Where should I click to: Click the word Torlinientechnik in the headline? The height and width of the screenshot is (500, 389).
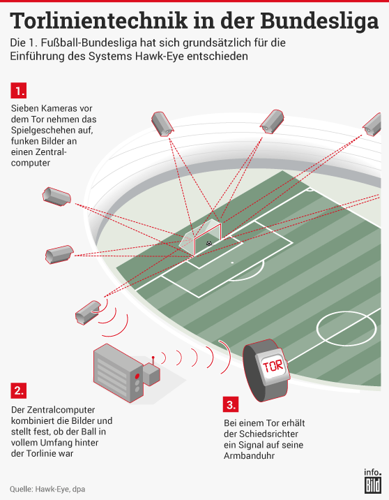pyautogui.click(x=99, y=21)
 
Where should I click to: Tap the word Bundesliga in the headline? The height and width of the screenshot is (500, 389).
pyautogui.click(x=319, y=22)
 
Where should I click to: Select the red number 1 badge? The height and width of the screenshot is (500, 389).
pyautogui.click(x=18, y=91)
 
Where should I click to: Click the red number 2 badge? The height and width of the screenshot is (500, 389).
pyautogui.click(x=18, y=390)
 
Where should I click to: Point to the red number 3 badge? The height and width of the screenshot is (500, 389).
pyautogui.click(x=231, y=404)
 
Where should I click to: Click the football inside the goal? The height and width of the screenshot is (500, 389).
pyautogui.click(x=209, y=244)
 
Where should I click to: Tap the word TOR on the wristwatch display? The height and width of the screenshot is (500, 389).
pyautogui.click(x=273, y=366)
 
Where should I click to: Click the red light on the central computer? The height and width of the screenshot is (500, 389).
pyautogui.click(x=137, y=375)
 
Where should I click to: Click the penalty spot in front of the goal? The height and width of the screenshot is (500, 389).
pyautogui.click(x=232, y=263)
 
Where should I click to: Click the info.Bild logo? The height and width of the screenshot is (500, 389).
pyautogui.click(x=372, y=480)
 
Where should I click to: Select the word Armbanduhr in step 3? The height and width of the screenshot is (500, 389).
pyautogui.click(x=249, y=456)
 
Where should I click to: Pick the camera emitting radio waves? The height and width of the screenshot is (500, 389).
pyautogui.click(x=88, y=312)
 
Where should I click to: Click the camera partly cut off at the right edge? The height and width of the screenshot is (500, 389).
pyautogui.click(x=372, y=124)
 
